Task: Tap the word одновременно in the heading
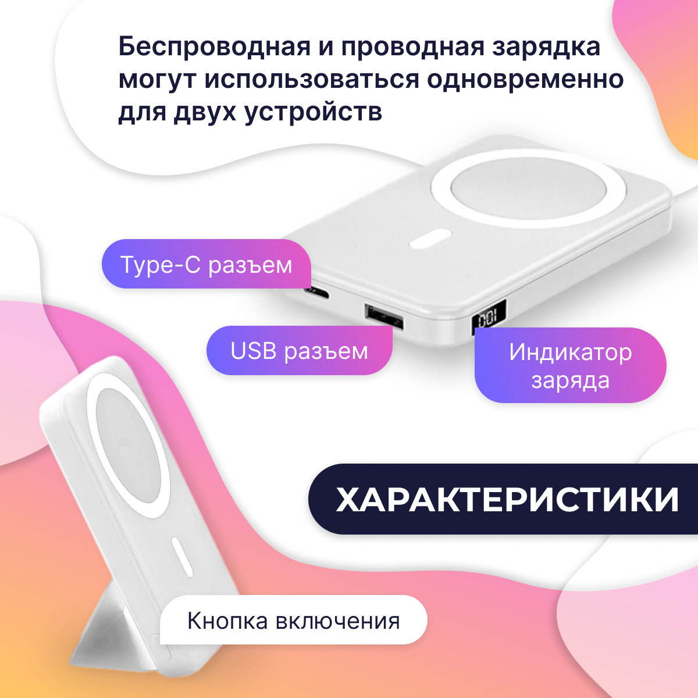tap(526, 79)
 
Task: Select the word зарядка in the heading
tap(546, 47)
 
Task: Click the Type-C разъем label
tap(206, 265)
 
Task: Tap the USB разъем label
tap(299, 351)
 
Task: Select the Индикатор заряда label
tap(570, 366)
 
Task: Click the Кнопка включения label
tap(293, 621)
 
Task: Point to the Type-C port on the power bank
tap(318, 291)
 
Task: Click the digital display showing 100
tap(487, 318)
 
